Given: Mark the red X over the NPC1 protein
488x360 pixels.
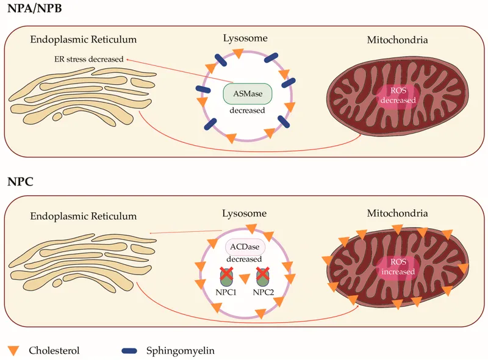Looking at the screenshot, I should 226,274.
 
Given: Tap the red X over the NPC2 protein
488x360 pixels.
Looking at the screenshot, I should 264,274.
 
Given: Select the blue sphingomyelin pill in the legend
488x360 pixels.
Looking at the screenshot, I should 129,351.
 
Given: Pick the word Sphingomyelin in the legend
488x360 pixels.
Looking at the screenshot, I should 180,350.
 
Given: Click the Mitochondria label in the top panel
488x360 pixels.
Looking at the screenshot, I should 397,40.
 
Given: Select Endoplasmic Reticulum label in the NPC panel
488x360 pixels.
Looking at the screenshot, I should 83,216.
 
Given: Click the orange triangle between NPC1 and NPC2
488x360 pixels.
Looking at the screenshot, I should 245,279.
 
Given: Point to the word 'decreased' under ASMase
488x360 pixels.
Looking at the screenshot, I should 247,110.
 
